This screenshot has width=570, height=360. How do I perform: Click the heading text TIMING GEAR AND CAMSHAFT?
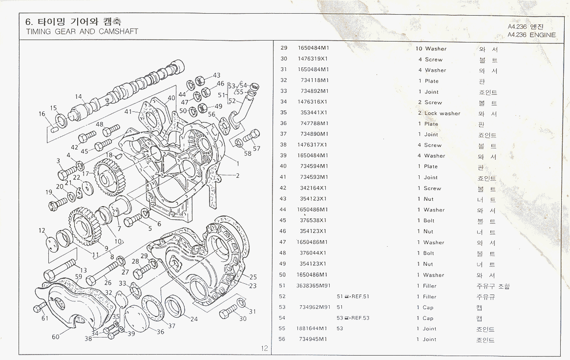(82, 32)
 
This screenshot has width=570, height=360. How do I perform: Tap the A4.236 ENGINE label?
(531, 35)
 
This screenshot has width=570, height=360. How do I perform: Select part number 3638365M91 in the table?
(311, 286)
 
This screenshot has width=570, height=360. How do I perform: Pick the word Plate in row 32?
(432, 81)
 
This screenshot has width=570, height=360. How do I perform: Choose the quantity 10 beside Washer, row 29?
(419, 49)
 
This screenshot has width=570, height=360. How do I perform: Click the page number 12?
(264, 348)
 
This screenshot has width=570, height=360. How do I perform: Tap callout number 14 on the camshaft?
(79, 97)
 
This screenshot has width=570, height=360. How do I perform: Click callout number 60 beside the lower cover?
(56, 336)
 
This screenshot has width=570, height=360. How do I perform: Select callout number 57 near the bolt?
(256, 148)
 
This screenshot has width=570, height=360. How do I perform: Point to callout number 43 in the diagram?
(216, 76)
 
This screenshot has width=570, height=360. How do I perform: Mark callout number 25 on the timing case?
(253, 277)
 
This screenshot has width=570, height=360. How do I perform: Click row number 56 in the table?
(282, 339)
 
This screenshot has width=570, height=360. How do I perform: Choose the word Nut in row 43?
(428, 199)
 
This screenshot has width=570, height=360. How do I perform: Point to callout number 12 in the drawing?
(42, 231)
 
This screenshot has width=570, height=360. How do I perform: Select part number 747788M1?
(314, 124)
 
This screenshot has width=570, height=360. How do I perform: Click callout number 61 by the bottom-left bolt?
(45, 318)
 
